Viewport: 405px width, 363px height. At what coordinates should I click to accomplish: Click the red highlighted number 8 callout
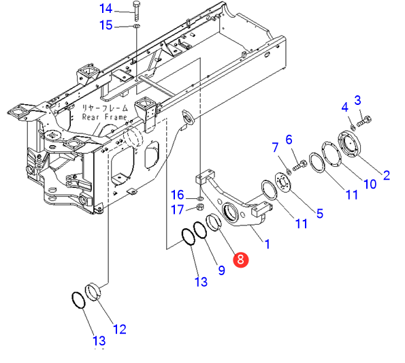[240, 259]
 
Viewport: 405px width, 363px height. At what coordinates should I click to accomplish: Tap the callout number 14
[106, 9]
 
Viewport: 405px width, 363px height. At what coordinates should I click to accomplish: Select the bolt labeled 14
[136, 11]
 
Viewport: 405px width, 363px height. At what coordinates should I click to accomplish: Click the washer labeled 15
[136, 26]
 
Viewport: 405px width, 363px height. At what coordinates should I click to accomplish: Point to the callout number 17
[178, 209]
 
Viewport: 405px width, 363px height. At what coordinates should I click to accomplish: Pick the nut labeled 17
[199, 207]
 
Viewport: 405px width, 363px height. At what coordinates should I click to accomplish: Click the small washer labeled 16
[200, 199]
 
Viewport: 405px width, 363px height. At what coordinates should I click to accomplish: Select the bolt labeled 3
[364, 121]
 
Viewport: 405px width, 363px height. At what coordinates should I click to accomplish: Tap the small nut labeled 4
[353, 127]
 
